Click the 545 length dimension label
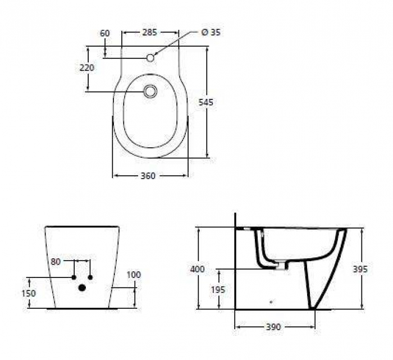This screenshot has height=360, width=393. tap(205, 102)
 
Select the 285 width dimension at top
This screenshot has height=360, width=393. tap(150, 33)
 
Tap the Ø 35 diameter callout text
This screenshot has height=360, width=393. tap(211, 33)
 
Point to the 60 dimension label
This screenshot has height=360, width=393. tap(105, 33)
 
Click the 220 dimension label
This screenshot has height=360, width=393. tap(87, 68)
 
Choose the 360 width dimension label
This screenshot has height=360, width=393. tap(148, 176)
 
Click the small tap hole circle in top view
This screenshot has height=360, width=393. tap(150, 58)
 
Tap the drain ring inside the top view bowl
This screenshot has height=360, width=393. tap(150, 91)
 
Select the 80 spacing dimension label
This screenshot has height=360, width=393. tap(56, 262)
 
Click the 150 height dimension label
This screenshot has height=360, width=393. tap(29, 293)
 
